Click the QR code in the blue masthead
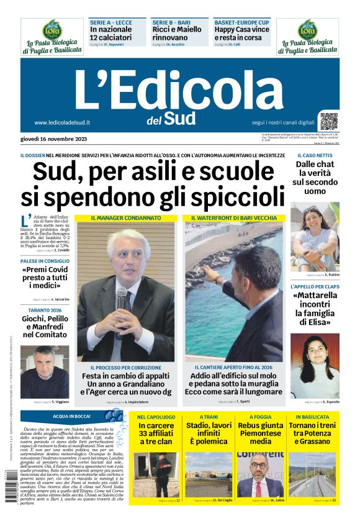pos(330,121)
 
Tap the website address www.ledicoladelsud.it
pos(62,122)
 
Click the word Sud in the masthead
pos(180,118)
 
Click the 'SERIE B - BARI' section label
pos(171,22)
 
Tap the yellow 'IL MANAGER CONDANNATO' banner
pos(126,218)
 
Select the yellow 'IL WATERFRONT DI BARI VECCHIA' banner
pos(233,218)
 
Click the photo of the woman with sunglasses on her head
pos(315,239)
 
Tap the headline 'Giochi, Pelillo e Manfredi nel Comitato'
pos(45,327)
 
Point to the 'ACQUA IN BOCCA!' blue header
pos(72,416)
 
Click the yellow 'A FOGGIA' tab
pos(261,417)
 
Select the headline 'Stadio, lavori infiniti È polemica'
pos(210,434)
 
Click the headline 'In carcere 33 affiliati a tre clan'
pos(155,434)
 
